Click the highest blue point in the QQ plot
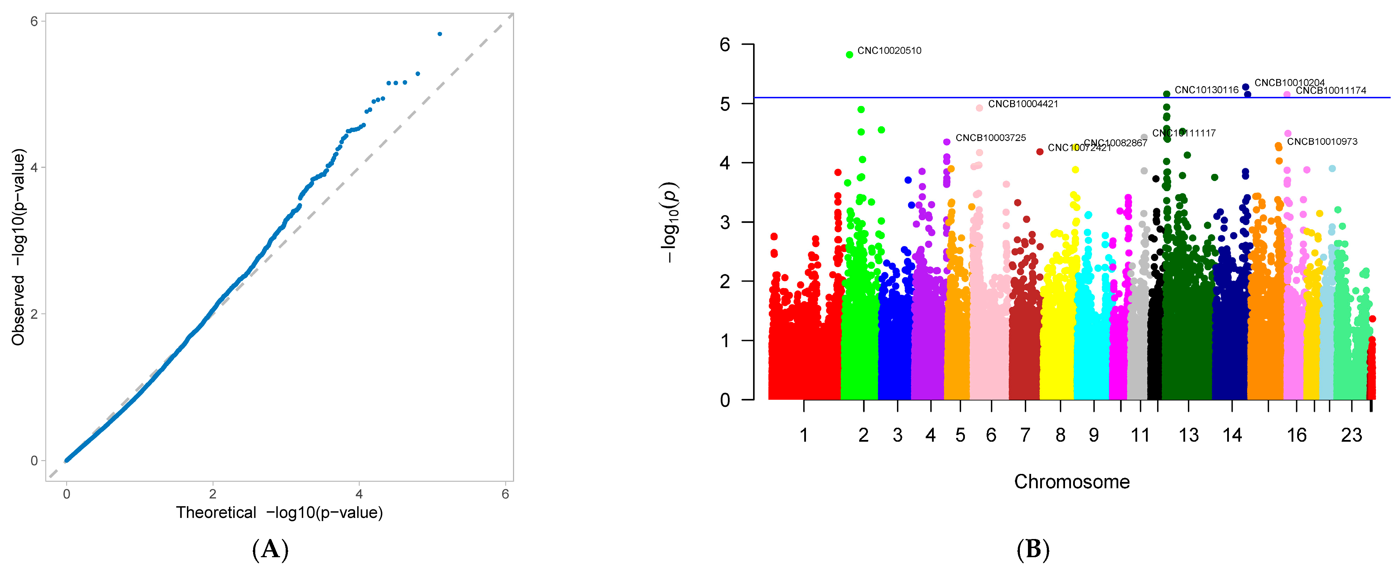click(440, 34)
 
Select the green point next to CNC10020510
click(849, 55)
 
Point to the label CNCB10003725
click(990, 138)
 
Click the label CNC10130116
click(1206, 90)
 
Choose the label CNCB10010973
click(1322, 142)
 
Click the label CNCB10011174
click(1331, 91)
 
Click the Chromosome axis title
click(1072, 482)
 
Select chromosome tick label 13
click(1189, 435)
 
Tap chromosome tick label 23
click(1351, 435)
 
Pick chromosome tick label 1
click(804, 435)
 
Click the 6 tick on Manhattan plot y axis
click(725, 44)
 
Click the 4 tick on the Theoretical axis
click(359, 494)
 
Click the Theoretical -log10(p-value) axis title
click(279, 513)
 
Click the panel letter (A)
click(270, 549)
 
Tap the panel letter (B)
click(1033, 549)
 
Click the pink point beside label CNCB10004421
click(979, 108)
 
